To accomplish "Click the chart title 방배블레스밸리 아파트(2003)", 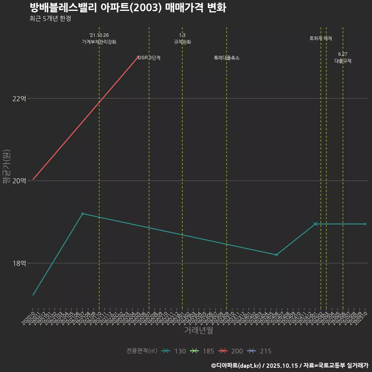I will click(x=127, y=8).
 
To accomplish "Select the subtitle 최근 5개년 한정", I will click(x=50, y=19).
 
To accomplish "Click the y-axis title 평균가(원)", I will click(x=7, y=167).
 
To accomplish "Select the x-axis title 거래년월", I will click(x=198, y=331).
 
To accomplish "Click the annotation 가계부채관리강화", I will click(x=99, y=42).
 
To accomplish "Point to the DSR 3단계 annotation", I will click(x=149, y=58).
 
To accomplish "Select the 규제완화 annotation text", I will click(x=183, y=42).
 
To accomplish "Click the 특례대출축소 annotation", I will click(x=227, y=58).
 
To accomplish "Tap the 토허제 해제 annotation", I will click(x=321, y=38).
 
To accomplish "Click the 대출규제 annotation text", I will click(x=343, y=61).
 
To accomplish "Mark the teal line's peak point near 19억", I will click(x=83, y=214).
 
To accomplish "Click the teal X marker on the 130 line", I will click(x=315, y=224).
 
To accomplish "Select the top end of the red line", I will click(x=138, y=57).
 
